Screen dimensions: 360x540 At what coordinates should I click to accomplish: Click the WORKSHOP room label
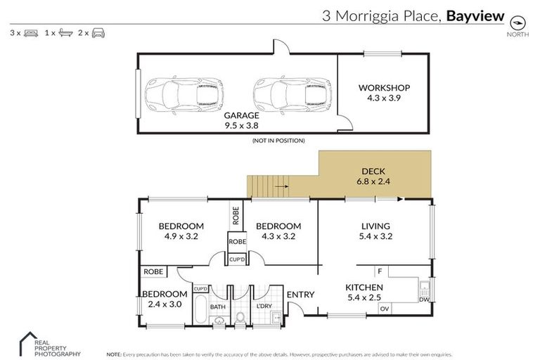pos(384,88)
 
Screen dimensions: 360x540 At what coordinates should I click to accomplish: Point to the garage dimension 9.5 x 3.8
pos(242,127)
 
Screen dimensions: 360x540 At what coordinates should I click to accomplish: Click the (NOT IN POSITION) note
pos(278,141)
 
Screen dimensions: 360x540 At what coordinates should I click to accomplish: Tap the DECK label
pos(373,171)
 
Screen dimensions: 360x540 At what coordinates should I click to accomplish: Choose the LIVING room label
pos(375,226)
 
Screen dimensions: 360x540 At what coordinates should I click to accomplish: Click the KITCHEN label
pos(364,287)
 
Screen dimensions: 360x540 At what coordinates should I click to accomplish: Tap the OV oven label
pos(384,309)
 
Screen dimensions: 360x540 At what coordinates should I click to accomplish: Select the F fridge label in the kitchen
pos(379,271)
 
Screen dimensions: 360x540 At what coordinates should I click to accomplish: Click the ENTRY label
pos(300,295)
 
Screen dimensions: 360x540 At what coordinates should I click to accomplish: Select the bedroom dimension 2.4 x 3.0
pos(165,304)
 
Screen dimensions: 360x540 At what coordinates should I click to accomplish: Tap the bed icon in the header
pos(30,33)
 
